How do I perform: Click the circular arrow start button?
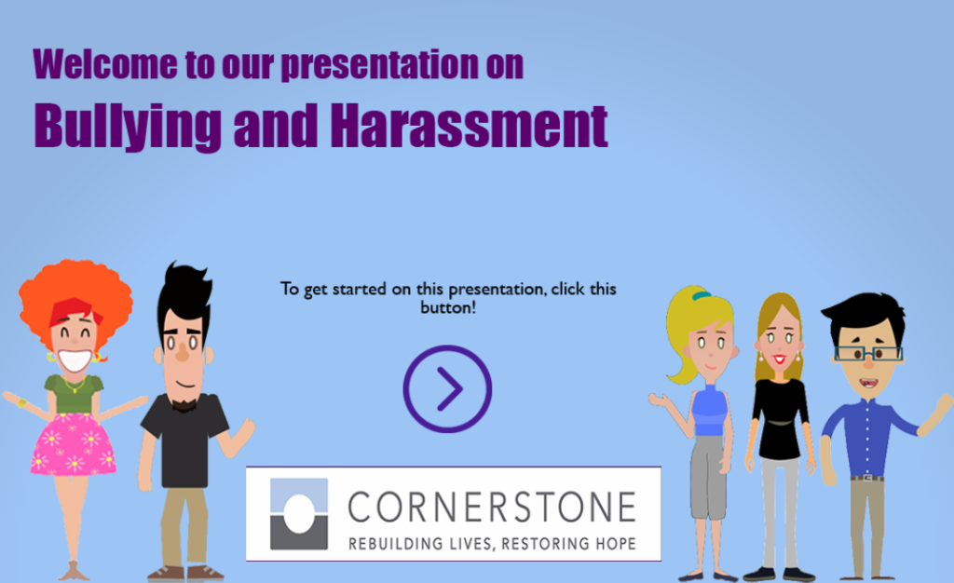(447, 346)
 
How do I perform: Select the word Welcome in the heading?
(105, 64)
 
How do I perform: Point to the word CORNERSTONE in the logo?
(492, 507)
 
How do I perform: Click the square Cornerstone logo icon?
(299, 514)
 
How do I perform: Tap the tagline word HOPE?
(616, 543)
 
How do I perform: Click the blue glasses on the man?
(869, 353)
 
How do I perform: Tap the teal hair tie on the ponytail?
(702, 296)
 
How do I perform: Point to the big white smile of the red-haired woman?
(75, 360)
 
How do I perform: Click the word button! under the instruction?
(448, 308)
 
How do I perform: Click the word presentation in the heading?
(380, 65)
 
